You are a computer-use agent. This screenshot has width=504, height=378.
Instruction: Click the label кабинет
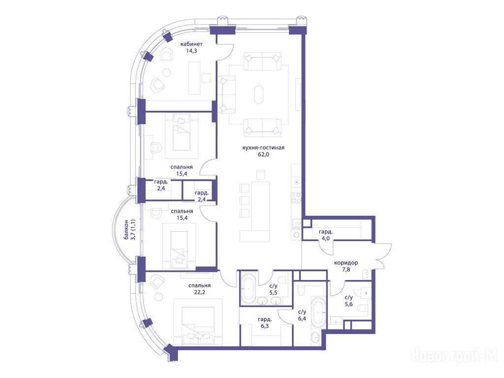point(191,44)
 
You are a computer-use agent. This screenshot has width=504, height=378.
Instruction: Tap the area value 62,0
point(263,154)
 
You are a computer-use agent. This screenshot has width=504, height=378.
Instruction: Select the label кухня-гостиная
point(263,148)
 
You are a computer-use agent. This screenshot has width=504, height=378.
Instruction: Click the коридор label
point(346,263)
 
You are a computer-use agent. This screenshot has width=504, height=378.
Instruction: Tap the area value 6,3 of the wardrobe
point(265,326)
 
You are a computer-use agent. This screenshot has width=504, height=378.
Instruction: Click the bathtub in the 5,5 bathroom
point(248,288)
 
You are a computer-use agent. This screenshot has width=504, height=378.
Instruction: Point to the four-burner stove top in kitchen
point(296,197)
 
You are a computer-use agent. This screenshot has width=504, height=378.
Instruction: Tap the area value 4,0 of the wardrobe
point(326,239)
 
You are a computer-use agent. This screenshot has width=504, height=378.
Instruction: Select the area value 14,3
point(191,51)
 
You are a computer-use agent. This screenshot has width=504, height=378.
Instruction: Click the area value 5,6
point(349,304)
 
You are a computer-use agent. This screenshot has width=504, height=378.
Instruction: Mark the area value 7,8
point(346,270)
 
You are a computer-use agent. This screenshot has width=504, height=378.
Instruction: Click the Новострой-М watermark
point(454,356)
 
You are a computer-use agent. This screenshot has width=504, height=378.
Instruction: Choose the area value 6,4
point(302,318)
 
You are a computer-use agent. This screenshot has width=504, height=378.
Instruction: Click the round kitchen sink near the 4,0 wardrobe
point(296,235)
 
